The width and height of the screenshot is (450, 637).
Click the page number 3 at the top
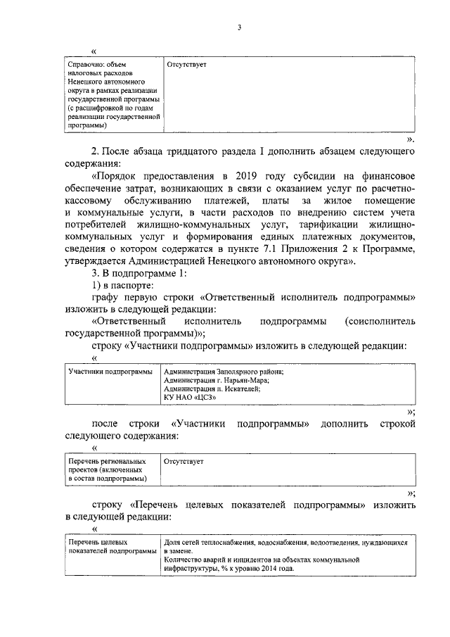(239, 27)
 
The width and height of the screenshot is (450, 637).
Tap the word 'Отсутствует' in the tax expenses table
(187, 65)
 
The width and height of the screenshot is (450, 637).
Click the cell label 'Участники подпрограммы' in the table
(109, 372)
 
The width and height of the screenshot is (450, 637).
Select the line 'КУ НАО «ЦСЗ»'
(189, 397)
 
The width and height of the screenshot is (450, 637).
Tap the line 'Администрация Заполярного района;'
(224, 372)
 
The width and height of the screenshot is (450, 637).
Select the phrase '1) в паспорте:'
(121, 285)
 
